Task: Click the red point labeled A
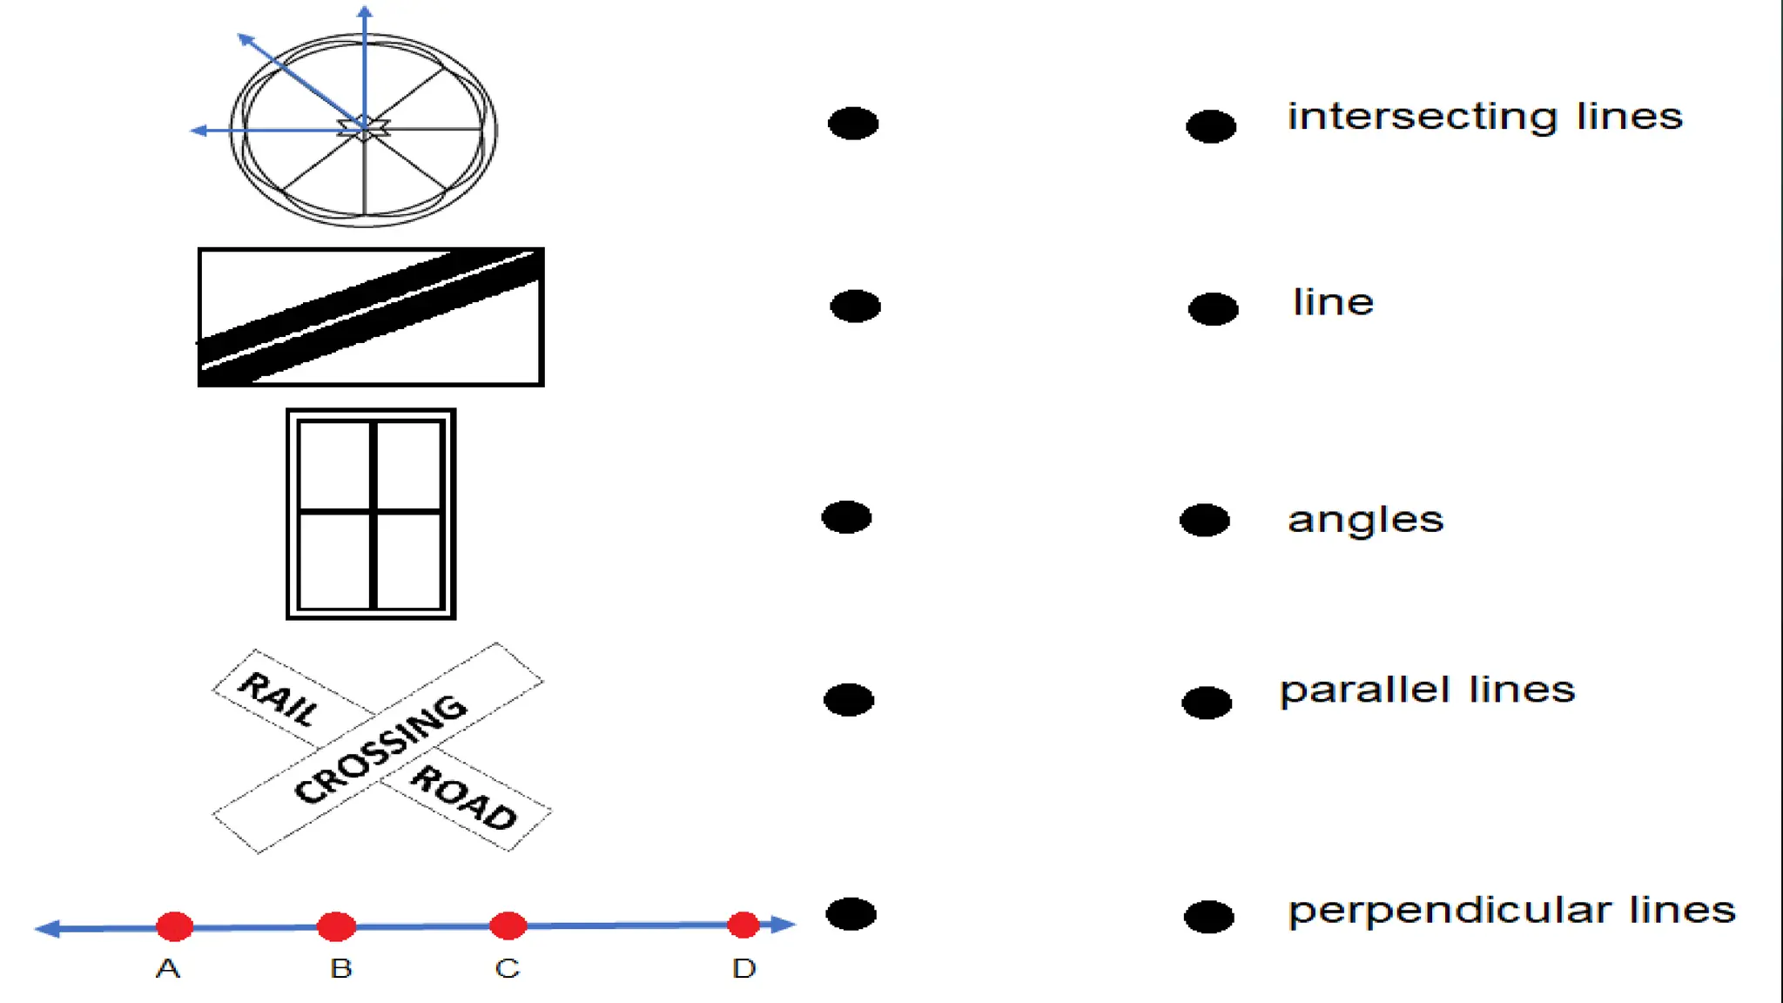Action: (175, 926)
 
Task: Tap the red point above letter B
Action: (337, 926)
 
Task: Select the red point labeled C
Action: (508, 926)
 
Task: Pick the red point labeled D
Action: (743, 925)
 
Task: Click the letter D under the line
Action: (743, 968)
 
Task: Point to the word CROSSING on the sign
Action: (381, 749)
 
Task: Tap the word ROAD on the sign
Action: (464, 798)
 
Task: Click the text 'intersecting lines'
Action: (1484, 117)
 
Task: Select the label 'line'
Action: (1333, 302)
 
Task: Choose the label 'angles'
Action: (1365, 521)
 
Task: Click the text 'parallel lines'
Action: (1427, 690)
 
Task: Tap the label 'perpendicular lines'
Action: (1511, 911)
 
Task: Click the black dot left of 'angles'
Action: (1205, 521)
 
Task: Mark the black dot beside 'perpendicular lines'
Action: (1209, 917)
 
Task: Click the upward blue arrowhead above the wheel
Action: (365, 12)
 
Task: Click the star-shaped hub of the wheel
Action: (364, 129)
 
